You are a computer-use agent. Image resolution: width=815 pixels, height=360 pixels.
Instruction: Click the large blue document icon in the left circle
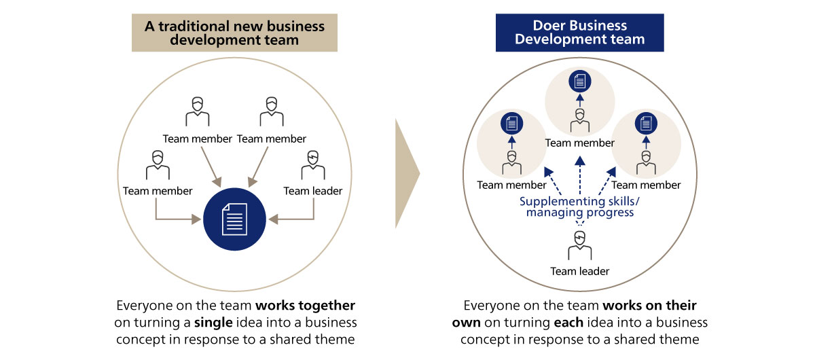point(235,219)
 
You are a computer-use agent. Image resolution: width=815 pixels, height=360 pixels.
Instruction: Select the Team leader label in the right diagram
point(579,271)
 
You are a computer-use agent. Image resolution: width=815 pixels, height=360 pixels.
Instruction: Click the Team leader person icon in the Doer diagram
point(579,246)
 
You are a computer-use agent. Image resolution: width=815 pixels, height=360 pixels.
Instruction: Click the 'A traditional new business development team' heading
point(234,33)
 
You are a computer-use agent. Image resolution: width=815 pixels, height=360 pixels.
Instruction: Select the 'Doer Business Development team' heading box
point(579,33)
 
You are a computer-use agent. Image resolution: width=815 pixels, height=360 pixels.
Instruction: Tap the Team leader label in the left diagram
point(312,191)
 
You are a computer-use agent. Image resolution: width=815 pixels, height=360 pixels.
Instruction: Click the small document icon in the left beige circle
point(511,124)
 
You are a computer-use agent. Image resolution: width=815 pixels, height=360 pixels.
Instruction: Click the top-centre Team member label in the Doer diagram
point(579,143)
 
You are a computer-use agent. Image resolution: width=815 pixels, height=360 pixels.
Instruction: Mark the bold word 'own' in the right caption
point(467,321)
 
